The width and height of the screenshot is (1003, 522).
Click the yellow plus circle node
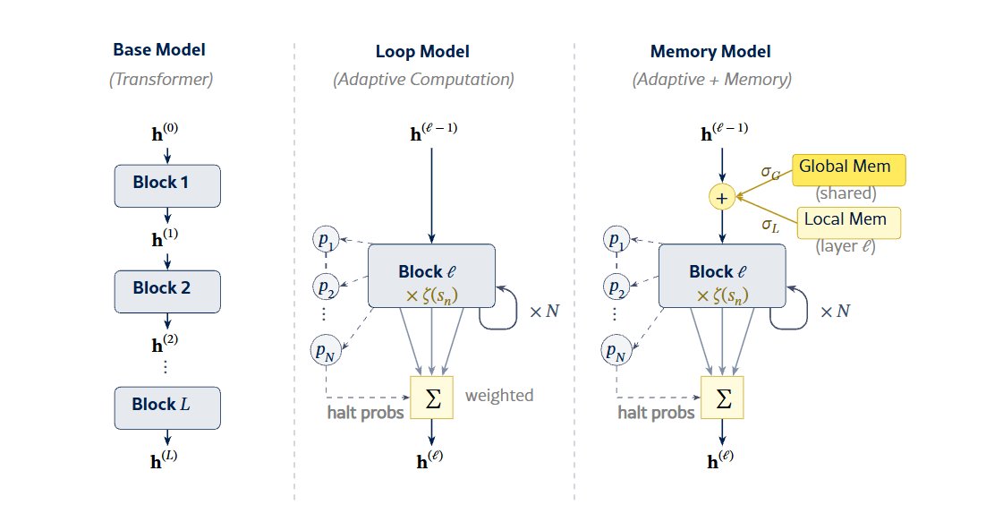click(x=722, y=195)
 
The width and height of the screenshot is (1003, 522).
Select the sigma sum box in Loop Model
click(x=432, y=397)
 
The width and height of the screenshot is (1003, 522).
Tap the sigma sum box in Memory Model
click(x=722, y=397)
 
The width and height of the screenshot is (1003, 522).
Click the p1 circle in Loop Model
click(x=326, y=240)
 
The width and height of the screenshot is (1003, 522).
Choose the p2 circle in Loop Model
click(x=326, y=287)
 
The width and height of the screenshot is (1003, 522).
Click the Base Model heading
click(x=159, y=51)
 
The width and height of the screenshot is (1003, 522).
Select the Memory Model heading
click(x=711, y=52)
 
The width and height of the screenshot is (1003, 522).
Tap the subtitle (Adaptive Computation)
click(x=423, y=80)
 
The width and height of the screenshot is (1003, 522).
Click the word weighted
click(x=499, y=395)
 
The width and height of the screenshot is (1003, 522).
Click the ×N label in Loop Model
click(x=544, y=312)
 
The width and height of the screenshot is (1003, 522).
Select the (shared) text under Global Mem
click(x=846, y=193)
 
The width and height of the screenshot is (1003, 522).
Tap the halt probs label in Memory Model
click(x=656, y=413)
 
